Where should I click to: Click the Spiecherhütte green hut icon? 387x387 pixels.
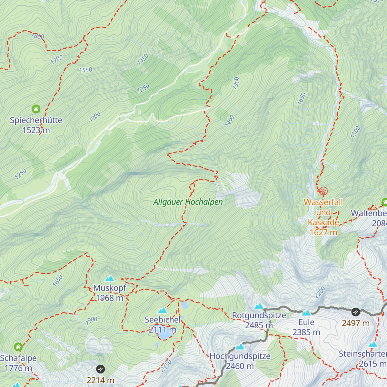[x=36, y=109]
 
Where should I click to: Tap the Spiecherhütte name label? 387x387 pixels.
[x=36, y=120]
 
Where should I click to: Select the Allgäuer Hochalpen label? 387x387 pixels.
[x=188, y=202]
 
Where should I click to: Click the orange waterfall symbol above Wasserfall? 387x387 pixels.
[x=323, y=191]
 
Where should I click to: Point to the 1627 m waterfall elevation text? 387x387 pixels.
[x=323, y=232]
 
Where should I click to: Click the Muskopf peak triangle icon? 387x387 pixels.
[x=110, y=278]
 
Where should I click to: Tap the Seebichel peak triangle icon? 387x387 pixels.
[x=163, y=311]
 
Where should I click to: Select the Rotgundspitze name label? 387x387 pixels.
[x=259, y=315]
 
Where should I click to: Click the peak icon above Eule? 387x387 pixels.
[x=306, y=313]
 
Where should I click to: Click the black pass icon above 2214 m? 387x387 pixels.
[x=100, y=369]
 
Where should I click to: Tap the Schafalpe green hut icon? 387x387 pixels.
[x=18, y=347]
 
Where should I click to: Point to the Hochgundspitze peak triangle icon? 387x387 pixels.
[x=240, y=347]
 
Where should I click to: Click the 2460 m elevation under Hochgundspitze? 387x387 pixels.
[x=240, y=366]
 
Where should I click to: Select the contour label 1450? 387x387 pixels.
[x=143, y=59]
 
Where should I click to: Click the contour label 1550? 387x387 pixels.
[x=86, y=70]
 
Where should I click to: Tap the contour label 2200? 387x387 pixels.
[x=320, y=292]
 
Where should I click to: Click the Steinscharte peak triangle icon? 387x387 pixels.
[x=373, y=344]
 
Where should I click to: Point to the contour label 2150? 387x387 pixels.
[x=166, y=366]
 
